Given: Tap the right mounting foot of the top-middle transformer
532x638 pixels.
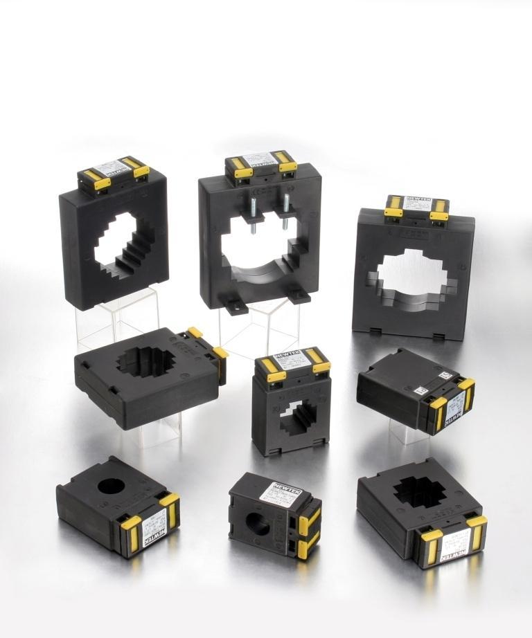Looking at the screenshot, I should pyautogui.click(x=298, y=295).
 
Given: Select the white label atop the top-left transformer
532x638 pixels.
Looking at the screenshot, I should pyautogui.click(x=112, y=168).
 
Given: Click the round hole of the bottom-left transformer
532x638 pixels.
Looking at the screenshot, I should pyautogui.click(x=110, y=485).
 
